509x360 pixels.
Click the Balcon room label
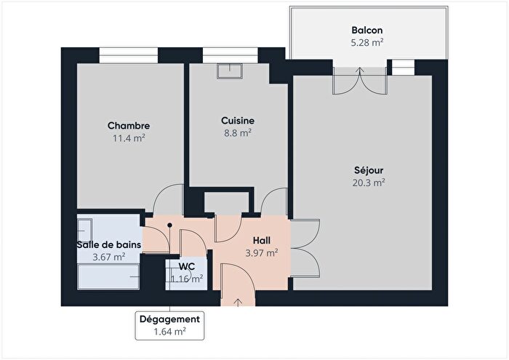366,31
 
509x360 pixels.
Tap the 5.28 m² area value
366,43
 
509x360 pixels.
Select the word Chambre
129,126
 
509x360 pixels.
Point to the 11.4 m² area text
129,138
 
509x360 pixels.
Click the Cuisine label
238,121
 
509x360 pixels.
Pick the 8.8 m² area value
238,133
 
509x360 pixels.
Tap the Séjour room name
367,171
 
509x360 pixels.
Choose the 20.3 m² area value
367,183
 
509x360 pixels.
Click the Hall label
262,241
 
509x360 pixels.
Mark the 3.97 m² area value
262,253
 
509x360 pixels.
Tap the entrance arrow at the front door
239,299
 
